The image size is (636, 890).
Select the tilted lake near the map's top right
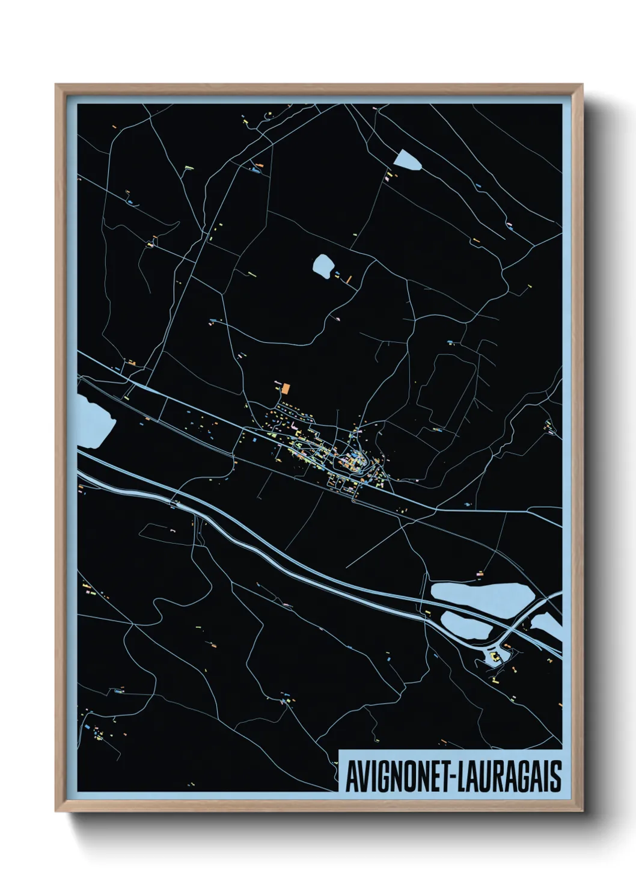point(408,159)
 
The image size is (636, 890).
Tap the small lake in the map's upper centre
point(323,265)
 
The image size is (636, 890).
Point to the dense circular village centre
point(353,461)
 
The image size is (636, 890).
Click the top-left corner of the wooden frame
point(56,85)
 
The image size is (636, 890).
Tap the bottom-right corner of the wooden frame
point(582,811)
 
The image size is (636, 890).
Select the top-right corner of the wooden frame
point(582,85)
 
